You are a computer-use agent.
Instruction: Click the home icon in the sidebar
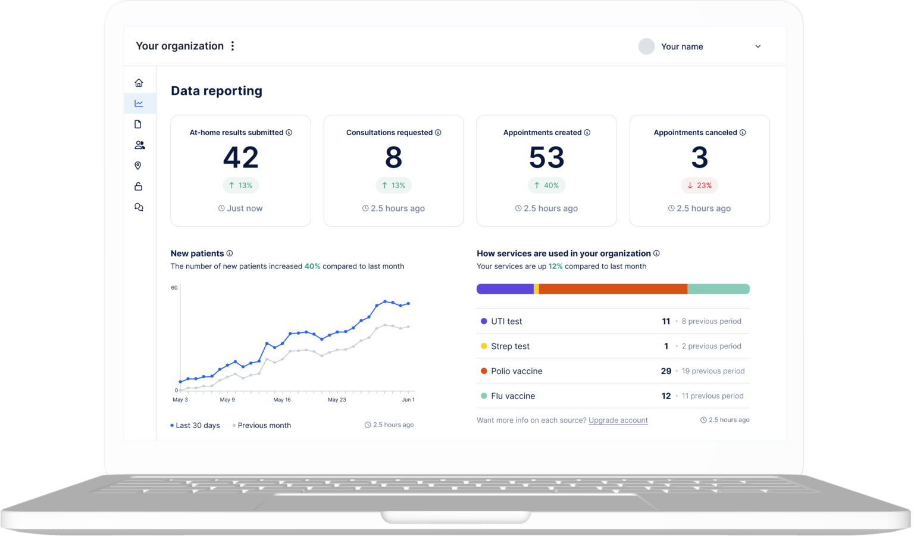[x=139, y=83]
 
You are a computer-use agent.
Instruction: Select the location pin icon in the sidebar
[x=138, y=166]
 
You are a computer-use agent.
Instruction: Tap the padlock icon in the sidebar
[x=138, y=186]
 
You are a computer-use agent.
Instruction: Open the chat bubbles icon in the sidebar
[x=139, y=207]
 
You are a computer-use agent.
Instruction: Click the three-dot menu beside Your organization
[x=233, y=46]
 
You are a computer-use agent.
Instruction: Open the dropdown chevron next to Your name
[x=758, y=46]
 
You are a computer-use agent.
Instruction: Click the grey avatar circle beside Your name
[x=646, y=46]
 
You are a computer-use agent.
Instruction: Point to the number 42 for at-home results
[x=241, y=157]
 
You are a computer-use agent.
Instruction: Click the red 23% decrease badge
[x=699, y=185]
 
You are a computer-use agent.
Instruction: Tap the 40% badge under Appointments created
[x=546, y=185]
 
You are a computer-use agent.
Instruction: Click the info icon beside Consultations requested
[x=438, y=132]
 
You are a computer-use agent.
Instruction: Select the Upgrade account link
[x=618, y=420]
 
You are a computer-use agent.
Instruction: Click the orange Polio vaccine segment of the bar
[x=613, y=289]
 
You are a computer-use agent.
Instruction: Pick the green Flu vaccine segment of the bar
[x=719, y=289]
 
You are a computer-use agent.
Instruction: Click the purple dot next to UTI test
[x=484, y=321]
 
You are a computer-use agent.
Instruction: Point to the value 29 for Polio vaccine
[x=666, y=371]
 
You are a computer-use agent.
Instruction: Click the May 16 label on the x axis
[x=282, y=400]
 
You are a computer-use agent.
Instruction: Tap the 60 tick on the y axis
[x=174, y=288]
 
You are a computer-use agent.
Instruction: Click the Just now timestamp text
[x=245, y=208]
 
